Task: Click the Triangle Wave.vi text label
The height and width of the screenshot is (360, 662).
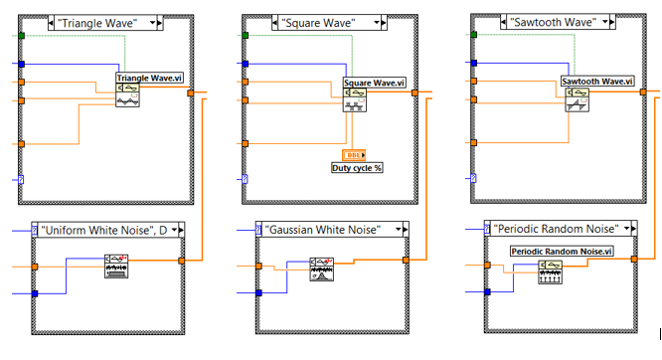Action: click(151, 78)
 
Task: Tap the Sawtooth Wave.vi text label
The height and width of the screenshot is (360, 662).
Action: click(596, 81)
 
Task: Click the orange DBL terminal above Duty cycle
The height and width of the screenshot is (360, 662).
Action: click(354, 154)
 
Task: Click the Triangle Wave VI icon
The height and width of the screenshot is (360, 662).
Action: click(127, 95)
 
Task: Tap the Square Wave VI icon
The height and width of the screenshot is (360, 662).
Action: click(355, 100)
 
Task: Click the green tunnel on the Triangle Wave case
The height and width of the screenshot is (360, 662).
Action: click(20, 35)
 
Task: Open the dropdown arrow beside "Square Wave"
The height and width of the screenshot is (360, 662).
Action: click(382, 20)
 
